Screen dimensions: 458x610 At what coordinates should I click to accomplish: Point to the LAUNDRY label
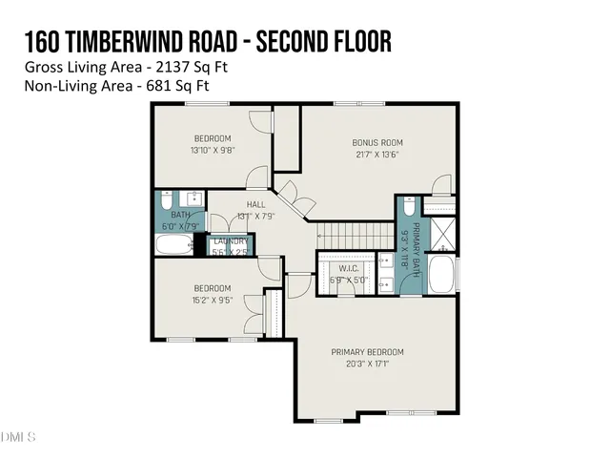coord(231,241)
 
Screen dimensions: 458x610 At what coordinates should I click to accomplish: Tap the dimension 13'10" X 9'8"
coord(213,150)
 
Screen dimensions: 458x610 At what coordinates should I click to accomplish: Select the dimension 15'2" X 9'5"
coord(213,300)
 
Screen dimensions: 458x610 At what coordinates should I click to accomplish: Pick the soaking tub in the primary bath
coord(441,275)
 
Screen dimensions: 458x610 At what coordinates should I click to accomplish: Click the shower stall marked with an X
coord(441,233)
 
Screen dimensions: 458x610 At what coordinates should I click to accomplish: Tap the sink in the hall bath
coord(193,199)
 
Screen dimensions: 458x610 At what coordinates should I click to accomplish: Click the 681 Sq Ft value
coord(174,85)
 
